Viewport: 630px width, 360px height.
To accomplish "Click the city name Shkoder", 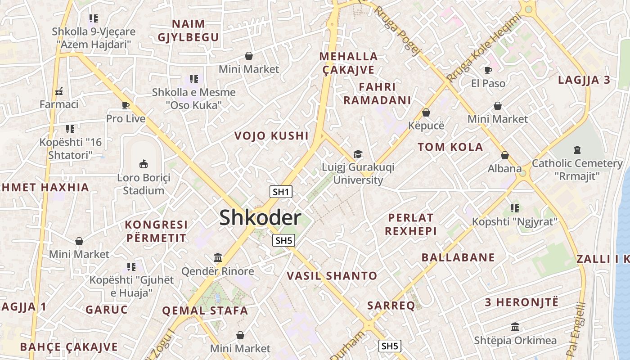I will [260, 218].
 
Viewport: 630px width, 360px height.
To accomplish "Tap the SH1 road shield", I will [281, 192].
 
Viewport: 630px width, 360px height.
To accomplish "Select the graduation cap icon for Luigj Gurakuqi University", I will [358, 154].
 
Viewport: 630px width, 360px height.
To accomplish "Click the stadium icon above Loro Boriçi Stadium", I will [144, 164].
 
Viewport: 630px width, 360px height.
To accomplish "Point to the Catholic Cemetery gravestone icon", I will [577, 150].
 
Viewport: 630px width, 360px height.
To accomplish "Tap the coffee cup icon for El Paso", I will [488, 70].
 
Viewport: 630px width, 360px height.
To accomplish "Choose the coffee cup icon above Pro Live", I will [126, 106].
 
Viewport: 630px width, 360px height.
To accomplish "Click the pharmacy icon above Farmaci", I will [58, 91].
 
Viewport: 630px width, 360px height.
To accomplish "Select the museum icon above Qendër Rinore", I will [218, 258].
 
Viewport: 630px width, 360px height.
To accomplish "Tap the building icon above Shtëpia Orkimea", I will [515, 327].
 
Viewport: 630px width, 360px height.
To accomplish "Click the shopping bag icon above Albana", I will [505, 155].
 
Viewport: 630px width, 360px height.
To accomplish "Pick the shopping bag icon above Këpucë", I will [426, 112].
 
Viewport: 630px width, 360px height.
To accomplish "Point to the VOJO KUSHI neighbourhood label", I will [271, 136].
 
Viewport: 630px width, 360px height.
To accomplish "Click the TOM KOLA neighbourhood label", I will [450, 147].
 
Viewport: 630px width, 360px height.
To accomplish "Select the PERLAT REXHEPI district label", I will [411, 224].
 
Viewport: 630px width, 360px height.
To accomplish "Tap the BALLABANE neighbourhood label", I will [458, 257].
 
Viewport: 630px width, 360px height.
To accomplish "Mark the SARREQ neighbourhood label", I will [391, 306].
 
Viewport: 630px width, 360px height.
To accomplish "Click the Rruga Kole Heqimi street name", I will [483, 48].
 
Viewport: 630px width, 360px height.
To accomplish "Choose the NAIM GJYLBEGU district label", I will [188, 30].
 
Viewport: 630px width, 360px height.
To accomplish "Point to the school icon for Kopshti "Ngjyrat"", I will [515, 208].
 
